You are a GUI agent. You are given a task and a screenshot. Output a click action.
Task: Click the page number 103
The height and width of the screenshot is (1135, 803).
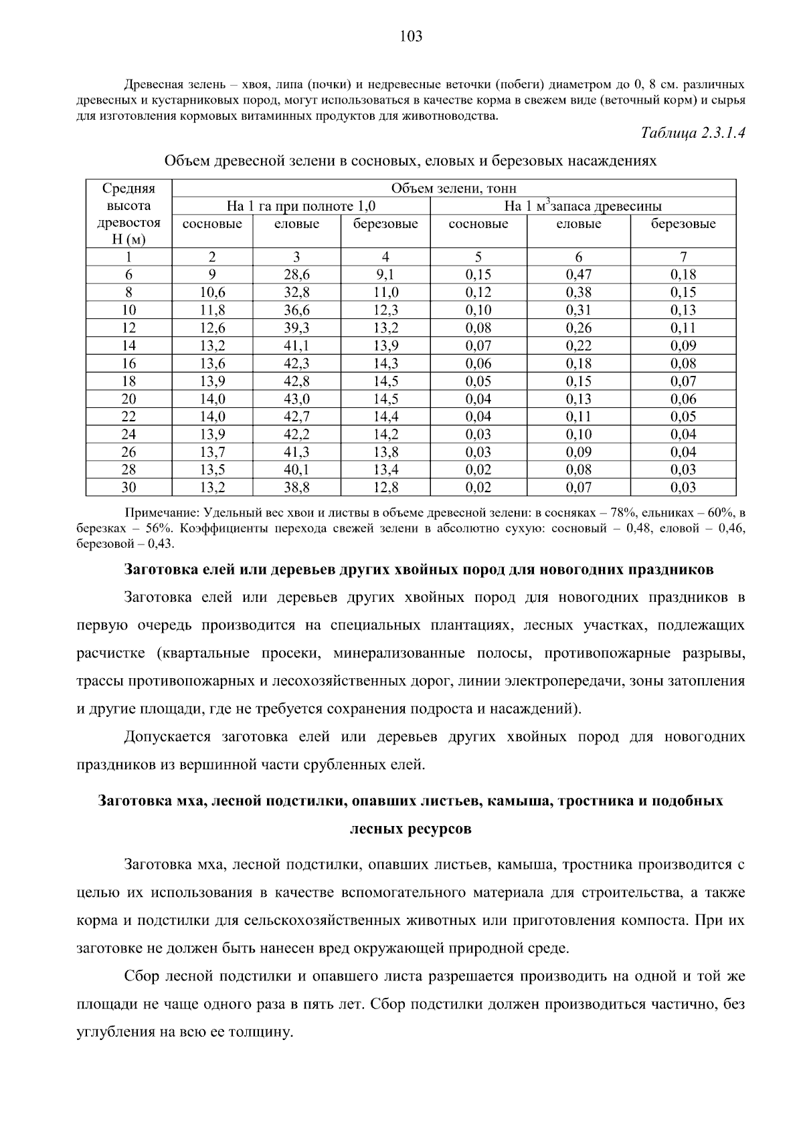click(x=411, y=37)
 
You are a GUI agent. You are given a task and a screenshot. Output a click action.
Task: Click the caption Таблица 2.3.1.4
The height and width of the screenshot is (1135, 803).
click(x=693, y=132)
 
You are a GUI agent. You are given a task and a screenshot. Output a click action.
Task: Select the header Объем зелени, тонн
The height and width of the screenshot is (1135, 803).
click(x=453, y=189)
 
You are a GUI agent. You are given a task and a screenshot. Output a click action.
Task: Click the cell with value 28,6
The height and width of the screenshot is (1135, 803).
click(x=296, y=274)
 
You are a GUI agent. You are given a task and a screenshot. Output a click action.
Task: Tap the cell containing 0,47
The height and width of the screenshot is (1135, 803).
click(x=578, y=274)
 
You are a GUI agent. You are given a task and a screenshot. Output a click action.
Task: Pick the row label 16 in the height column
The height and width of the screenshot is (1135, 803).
click(x=128, y=363)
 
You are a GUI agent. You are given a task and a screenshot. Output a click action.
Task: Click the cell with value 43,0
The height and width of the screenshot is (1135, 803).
click(x=296, y=399)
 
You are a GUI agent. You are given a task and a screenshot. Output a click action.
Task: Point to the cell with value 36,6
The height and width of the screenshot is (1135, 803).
click(x=296, y=310)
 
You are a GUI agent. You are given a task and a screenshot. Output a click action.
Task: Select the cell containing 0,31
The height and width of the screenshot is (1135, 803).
click(x=578, y=310)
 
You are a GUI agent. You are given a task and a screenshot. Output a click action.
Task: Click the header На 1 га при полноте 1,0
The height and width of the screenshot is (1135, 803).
click(x=301, y=206)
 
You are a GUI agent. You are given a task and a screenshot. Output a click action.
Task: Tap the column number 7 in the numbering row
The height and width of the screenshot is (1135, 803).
click(x=683, y=257)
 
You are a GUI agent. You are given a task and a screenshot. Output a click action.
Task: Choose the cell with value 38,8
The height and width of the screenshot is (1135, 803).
click(x=296, y=488)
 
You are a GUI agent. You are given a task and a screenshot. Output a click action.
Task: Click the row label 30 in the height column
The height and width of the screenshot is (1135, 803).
click(x=128, y=488)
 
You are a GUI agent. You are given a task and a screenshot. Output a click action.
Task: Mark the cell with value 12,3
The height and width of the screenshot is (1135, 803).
click(x=385, y=310)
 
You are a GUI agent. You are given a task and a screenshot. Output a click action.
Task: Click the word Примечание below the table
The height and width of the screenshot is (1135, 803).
click(x=159, y=514)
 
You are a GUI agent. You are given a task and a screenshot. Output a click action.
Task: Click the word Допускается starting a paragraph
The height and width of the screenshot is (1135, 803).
click(x=167, y=737)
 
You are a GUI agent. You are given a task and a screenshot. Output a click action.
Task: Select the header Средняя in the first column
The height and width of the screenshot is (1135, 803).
click(x=128, y=189)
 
